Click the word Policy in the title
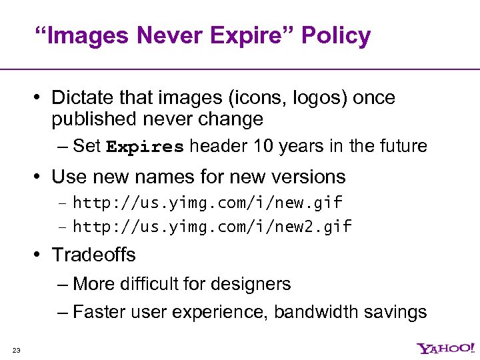[335, 36]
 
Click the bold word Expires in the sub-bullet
[145, 147]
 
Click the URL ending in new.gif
[207, 202]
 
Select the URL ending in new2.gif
[212, 227]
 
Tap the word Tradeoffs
[93, 255]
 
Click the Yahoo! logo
[445, 349]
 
